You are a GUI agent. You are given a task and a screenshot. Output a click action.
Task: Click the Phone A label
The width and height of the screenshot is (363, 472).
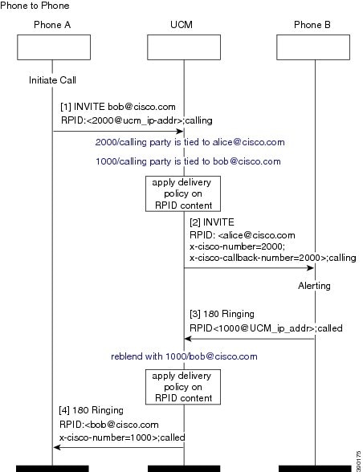(52, 25)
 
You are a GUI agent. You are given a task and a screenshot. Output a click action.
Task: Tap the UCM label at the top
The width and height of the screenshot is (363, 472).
(181, 25)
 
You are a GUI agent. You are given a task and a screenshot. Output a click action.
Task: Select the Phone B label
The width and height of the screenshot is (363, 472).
(312, 25)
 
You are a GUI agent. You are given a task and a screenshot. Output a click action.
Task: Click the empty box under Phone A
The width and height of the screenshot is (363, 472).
(54, 47)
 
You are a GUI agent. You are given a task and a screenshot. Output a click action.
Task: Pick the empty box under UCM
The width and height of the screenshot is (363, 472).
(184, 47)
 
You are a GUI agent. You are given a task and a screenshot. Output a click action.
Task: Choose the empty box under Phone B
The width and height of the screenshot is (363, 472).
(313, 47)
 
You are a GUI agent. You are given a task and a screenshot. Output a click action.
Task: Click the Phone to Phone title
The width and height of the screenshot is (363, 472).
(35, 6)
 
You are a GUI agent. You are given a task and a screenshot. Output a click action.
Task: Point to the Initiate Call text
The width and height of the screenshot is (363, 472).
(52, 80)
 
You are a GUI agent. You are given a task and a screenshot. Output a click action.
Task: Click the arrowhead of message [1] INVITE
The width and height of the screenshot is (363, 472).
(180, 132)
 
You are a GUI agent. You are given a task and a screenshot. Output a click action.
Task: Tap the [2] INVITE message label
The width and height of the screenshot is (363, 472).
(212, 222)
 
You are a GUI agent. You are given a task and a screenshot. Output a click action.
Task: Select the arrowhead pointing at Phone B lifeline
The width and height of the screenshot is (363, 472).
(311, 268)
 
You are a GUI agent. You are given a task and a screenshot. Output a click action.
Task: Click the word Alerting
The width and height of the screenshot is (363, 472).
(314, 286)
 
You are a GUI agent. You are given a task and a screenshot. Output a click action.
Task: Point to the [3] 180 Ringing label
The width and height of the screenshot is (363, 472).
(222, 314)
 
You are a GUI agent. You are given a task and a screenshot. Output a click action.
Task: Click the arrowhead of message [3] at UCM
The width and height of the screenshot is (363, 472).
(188, 339)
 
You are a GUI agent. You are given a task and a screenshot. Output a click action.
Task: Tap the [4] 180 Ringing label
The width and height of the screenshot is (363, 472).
(91, 410)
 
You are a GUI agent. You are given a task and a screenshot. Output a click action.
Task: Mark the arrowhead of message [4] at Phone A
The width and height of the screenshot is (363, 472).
(57, 447)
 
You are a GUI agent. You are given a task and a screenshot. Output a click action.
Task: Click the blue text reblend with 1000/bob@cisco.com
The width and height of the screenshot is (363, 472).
(184, 356)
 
